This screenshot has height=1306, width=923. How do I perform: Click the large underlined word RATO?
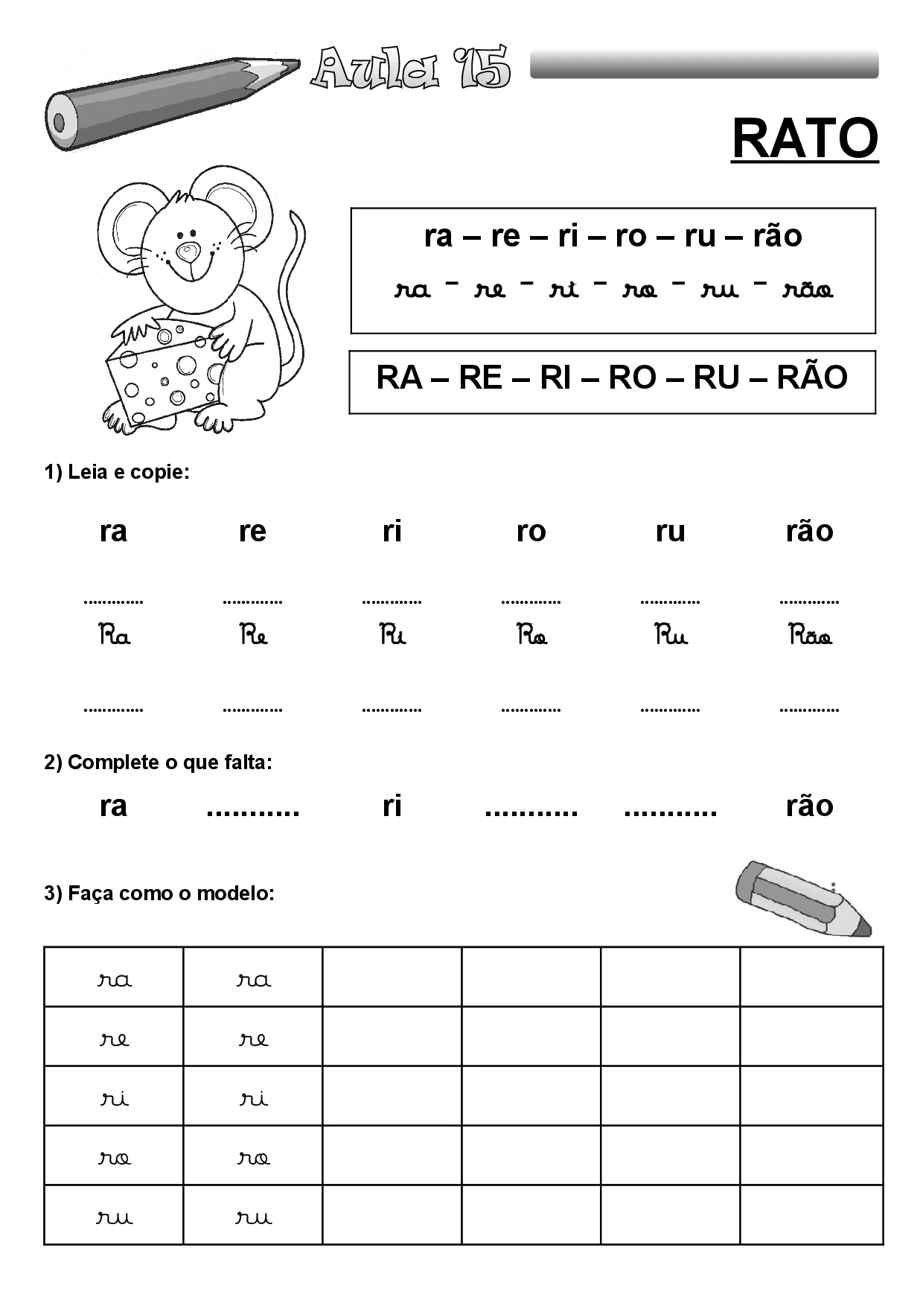[805, 138]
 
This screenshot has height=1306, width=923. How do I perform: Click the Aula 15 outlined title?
[411, 69]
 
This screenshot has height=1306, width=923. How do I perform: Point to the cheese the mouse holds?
[164, 369]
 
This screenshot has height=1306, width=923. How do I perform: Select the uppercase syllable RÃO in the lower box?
[811, 378]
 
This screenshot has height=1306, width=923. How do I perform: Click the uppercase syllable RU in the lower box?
[715, 378]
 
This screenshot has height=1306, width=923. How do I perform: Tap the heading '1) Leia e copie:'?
[117, 472]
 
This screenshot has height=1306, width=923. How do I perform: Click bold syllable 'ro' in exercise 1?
[531, 531]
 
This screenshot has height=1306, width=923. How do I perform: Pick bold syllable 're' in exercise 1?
[252, 531]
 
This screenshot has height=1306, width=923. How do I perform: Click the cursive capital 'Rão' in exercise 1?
[810, 635]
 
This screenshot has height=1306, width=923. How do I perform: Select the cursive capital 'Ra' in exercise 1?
[115, 635]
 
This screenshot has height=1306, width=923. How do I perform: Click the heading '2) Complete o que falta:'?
[158, 762]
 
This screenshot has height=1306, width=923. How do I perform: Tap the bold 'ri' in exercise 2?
[392, 806]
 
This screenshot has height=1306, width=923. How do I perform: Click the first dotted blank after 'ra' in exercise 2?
[252, 810]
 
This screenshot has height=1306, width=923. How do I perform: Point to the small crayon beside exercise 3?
[802, 899]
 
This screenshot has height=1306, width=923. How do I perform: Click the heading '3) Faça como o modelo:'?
[159, 893]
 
